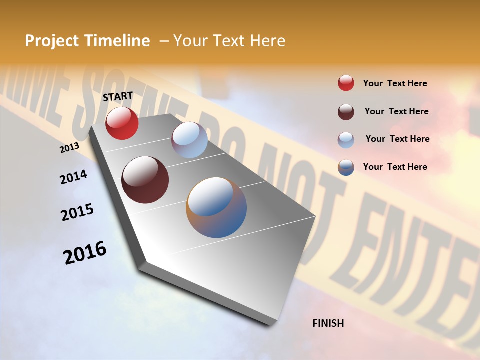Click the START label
click(x=118, y=96)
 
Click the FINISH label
click(x=328, y=323)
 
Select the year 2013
click(x=69, y=148)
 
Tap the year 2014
click(x=73, y=177)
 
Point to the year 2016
click(x=85, y=252)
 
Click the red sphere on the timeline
click(x=122, y=123)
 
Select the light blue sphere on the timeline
click(x=189, y=140)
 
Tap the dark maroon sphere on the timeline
click(x=145, y=180)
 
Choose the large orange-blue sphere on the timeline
click(x=216, y=207)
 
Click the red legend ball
click(x=346, y=83)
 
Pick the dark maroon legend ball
click(x=346, y=112)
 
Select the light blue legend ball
click(x=346, y=140)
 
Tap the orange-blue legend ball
click(x=346, y=167)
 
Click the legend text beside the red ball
click(x=395, y=83)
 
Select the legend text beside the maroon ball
click(x=396, y=111)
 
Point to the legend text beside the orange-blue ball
click(x=395, y=167)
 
